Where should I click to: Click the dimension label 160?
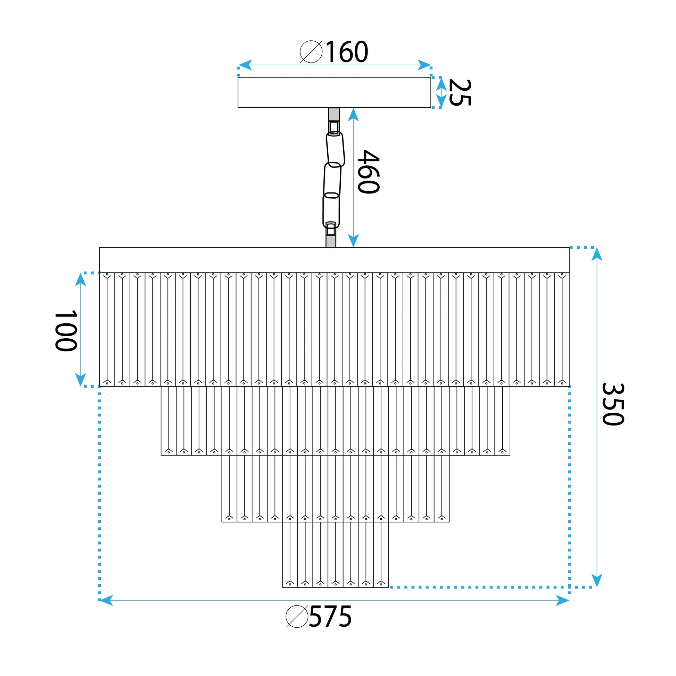(347, 52)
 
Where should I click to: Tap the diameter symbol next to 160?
(311, 52)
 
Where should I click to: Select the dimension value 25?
(460, 92)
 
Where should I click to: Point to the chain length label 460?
(368, 172)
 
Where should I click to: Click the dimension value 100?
(65, 330)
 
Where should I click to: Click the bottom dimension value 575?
(330, 617)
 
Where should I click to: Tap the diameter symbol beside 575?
(297, 617)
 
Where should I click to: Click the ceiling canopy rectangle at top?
(334, 92)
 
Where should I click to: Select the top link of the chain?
(335, 149)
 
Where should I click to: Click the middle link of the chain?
(332, 180)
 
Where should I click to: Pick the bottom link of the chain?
(331, 211)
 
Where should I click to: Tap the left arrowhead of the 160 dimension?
(245, 65)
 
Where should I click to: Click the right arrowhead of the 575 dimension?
(562, 601)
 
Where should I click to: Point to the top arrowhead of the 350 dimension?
(597, 254)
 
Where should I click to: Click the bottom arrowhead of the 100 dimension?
(81, 379)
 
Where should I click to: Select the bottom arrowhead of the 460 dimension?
(353, 241)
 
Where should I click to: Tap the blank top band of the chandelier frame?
(334, 260)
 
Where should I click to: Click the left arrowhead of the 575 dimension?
(106, 601)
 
